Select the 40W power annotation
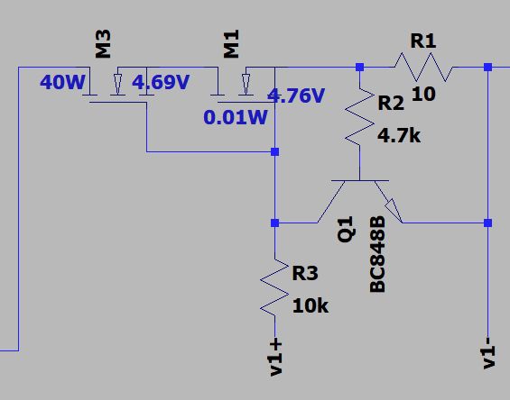click(62, 84)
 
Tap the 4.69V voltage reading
click(161, 84)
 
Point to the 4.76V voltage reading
click(296, 95)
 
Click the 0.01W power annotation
click(235, 118)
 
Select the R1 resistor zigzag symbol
click(423, 67)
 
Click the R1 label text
click(423, 41)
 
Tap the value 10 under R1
click(423, 95)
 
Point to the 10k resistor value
click(310, 305)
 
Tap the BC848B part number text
click(377, 253)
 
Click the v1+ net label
click(275, 357)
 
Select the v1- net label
click(488, 351)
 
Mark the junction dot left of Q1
click(274, 223)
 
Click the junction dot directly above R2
click(359, 67)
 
